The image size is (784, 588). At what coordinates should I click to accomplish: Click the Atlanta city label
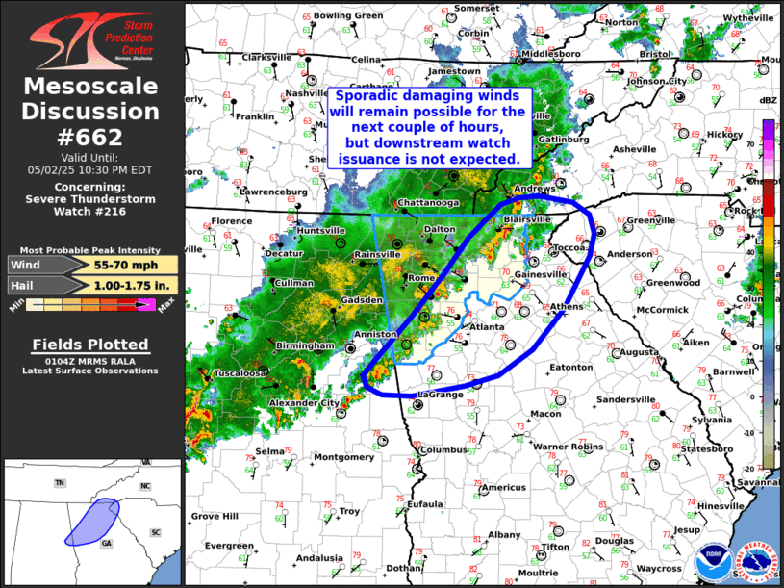tap(486, 328)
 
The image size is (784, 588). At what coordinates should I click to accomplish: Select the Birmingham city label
tap(302, 345)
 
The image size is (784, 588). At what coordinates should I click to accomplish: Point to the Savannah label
tap(759, 482)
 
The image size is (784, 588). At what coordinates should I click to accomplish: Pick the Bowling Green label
tap(348, 15)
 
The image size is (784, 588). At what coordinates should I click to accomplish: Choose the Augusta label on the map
tap(639, 352)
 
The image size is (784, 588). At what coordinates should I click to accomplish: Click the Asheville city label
tap(634, 149)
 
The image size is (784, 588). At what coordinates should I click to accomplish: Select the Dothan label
tap(404, 568)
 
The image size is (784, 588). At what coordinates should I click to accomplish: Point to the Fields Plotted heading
tap(90, 345)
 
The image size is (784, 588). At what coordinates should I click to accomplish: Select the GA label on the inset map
tap(107, 543)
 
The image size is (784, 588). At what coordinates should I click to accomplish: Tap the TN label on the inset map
tap(60, 482)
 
